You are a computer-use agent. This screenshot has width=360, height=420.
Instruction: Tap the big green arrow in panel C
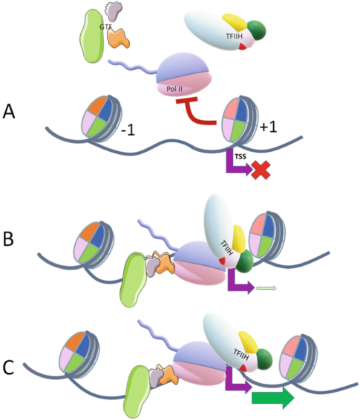coord(273,397)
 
